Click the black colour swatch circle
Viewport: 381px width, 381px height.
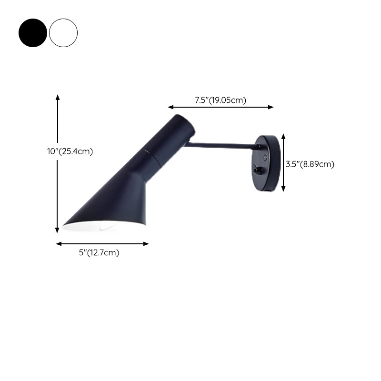[33, 33]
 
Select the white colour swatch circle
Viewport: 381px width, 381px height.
[63, 33]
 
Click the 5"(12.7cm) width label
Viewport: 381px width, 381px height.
[99, 253]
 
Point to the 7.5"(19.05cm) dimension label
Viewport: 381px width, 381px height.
[221, 100]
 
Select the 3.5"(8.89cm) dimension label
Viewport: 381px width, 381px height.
[310, 164]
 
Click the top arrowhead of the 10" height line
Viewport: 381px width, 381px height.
[58, 97]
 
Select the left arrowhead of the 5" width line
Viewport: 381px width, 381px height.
[59, 244]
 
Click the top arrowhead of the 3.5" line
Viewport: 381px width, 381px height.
[283, 136]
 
